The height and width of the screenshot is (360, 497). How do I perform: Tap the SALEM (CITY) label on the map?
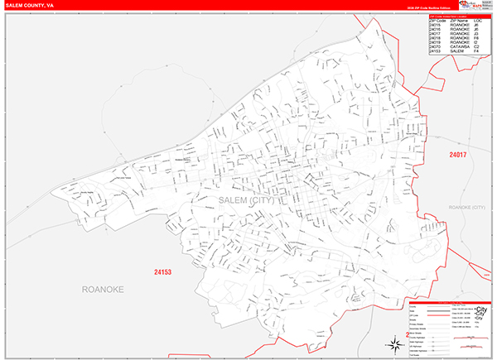248,200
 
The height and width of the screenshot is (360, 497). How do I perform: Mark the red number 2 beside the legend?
408,335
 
